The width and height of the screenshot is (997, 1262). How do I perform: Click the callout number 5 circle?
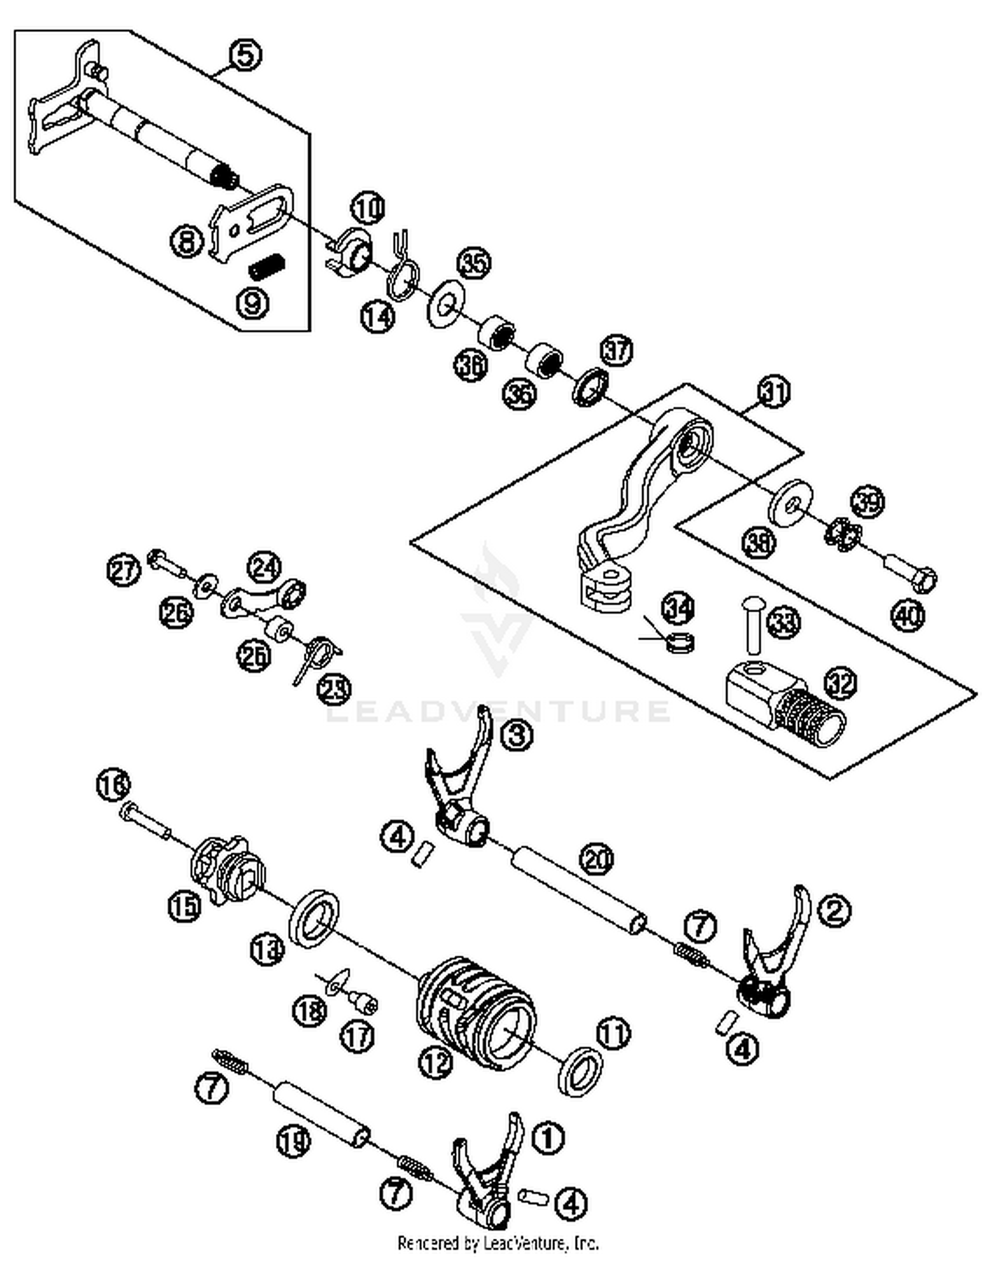click(x=245, y=55)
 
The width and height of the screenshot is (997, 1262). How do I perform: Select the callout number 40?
click(x=907, y=615)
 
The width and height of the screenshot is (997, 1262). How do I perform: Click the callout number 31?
click(x=773, y=392)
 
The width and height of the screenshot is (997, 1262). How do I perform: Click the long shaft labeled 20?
click(x=578, y=890)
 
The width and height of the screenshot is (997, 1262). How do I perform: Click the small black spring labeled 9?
click(x=267, y=267)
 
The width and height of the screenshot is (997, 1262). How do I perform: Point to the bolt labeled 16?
click(x=145, y=822)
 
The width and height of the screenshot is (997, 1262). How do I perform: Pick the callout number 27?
click(x=124, y=570)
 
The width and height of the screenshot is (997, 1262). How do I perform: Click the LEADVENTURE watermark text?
click(x=498, y=711)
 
